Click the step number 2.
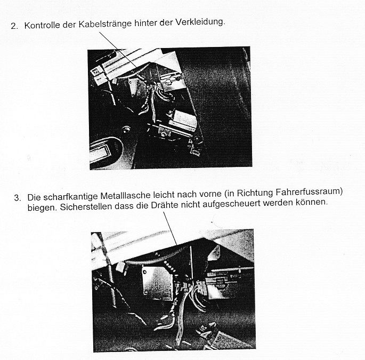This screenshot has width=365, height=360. (x=13, y=26)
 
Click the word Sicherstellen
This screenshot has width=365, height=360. (x=78, y=207)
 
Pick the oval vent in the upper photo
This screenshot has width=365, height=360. (x=107, y=152)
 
